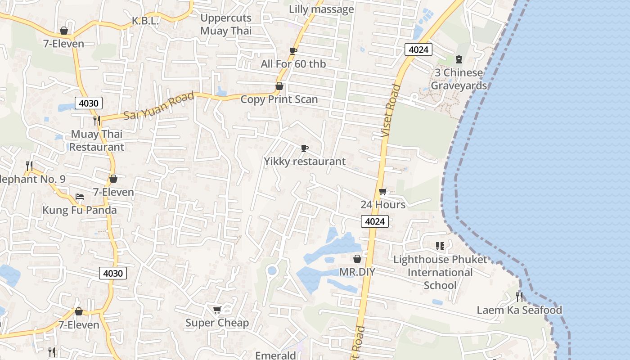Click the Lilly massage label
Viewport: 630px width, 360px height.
321,9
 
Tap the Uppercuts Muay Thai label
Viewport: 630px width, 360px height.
226,24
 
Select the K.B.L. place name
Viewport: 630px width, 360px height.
145,21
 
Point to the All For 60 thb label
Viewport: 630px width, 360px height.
293,64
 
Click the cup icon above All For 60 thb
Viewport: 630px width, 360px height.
293,51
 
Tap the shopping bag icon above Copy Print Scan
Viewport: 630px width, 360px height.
279,86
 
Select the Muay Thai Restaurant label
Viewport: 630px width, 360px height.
97,140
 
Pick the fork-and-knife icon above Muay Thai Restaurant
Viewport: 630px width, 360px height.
96,120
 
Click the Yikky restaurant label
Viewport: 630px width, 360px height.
305,161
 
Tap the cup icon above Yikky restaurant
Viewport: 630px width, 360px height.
305,148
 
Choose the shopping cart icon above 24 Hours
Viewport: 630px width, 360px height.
382,192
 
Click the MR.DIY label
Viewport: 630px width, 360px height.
357,272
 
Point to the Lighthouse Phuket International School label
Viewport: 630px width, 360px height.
440,272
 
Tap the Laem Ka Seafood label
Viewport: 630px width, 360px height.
519,310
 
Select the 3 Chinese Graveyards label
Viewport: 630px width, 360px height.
459,79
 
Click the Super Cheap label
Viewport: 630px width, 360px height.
217,323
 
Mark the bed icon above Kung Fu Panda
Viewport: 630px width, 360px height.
80,197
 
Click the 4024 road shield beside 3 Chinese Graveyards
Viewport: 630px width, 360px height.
418,49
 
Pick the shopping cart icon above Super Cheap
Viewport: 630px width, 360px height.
217,310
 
